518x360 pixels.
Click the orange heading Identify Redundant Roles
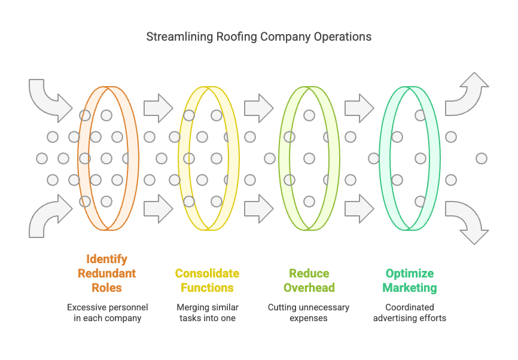tap(106, 273)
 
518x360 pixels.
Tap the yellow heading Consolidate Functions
tap(207, 280)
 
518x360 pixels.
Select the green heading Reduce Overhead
tap(309, 280)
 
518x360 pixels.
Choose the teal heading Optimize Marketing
tap(410, 280)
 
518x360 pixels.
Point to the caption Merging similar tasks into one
tap(207, 312)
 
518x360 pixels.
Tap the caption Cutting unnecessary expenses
tap(309, 312)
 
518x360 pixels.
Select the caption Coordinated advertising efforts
tap(410, 312)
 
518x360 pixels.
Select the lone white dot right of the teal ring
tap(482, 158)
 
